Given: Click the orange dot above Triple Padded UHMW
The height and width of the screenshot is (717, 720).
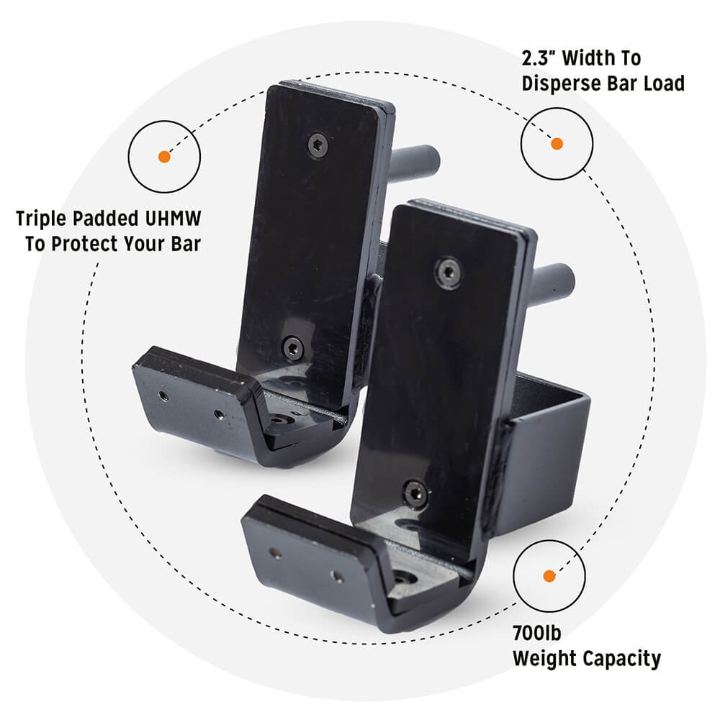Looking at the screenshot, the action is click(164, 157).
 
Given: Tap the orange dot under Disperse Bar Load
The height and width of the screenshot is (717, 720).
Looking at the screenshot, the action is click(557, 144).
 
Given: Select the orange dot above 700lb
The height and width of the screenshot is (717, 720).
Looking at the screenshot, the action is click(549, 576).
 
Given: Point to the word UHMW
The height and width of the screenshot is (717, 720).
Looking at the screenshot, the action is click(173, 219).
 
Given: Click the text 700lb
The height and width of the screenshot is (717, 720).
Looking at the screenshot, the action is click(537, 633).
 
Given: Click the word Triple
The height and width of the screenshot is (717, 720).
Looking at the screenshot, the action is click(42, 219).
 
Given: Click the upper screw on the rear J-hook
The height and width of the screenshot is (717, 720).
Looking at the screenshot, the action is click(318, 145).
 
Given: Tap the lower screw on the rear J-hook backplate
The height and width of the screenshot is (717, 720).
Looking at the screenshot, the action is click(292, 348).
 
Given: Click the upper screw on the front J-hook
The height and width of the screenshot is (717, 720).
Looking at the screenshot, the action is click(448, 273).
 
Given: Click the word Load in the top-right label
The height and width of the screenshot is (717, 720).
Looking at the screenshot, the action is click(664, 83).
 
